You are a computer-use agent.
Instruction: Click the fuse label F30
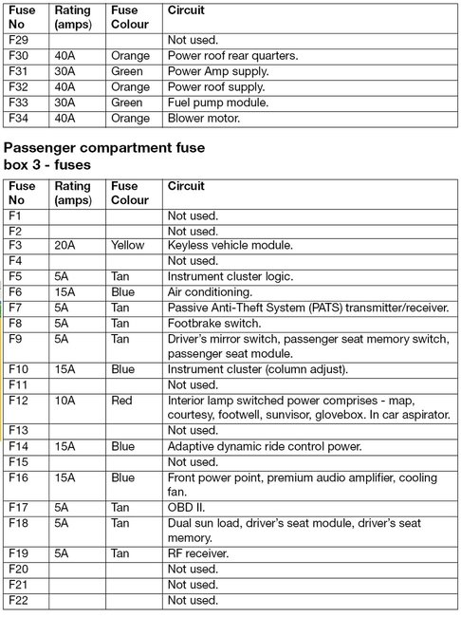click(x=18, y=55)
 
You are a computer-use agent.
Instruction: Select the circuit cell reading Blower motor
click(x=204, y=118)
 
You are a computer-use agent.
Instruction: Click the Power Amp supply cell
click(x=217, y=71)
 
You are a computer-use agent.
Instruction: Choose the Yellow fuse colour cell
click(x=128, y=245)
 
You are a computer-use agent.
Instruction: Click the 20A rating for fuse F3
click(x=66, y=245)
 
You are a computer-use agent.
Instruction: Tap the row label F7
click(x=15, y=308)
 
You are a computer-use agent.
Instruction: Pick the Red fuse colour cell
click(x=122, y=401)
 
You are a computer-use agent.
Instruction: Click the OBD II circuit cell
click(x=186, y=508)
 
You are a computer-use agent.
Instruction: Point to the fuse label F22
click(x=18, y=600)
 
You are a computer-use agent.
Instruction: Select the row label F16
click(x=18, y=477)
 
